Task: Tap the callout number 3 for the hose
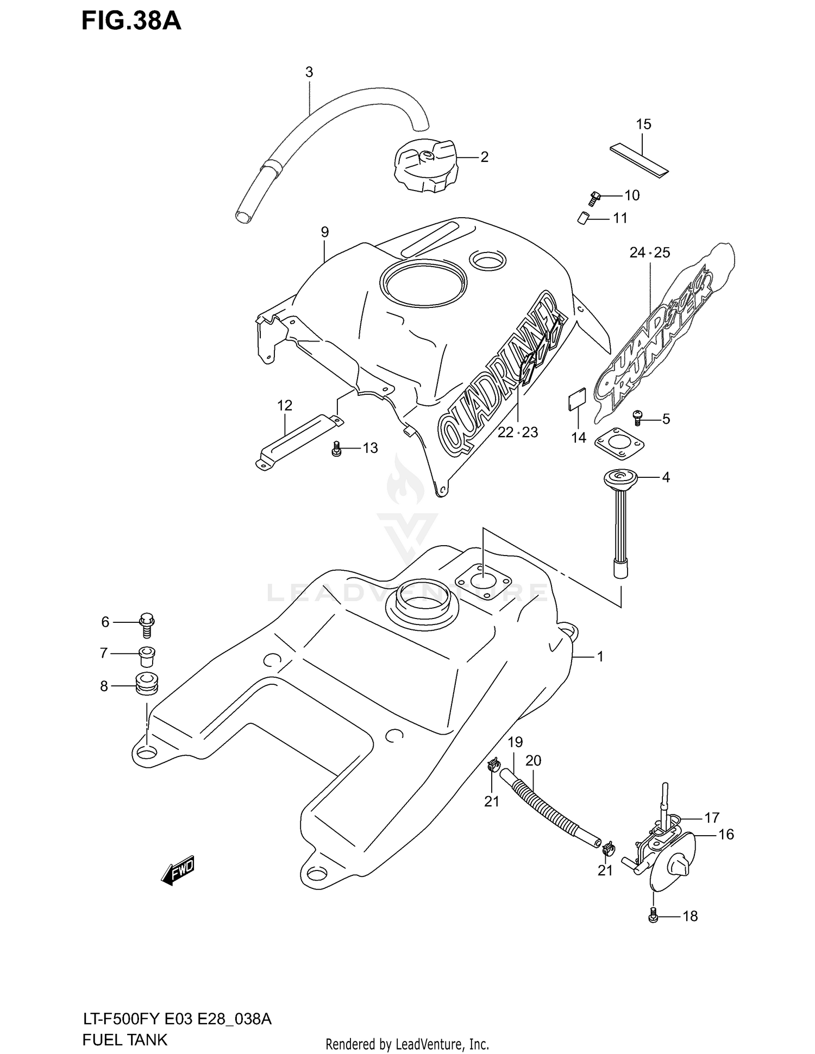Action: coord(309,72)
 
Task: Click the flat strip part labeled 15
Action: coord(639,161)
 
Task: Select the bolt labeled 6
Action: coord(147,624)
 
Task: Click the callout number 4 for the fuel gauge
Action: coord(665,477)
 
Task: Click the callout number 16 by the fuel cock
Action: coord(726,834)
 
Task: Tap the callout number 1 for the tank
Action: coord(600,657)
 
